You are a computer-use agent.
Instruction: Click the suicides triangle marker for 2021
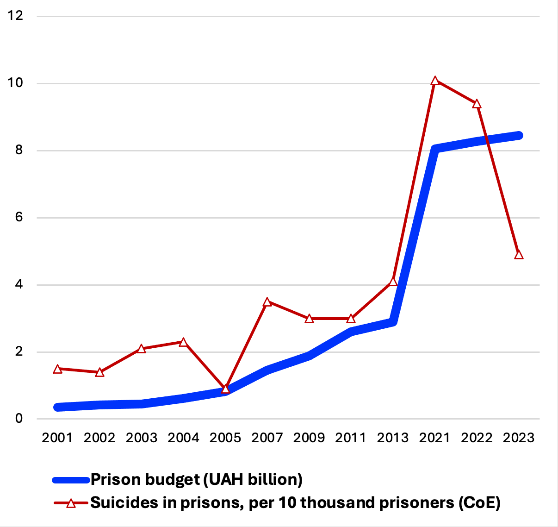point(435,81)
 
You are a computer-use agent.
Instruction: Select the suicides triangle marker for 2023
point(519,255)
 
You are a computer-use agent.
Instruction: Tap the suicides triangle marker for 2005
point(225,389)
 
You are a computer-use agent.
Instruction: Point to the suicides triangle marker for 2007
point(267,302)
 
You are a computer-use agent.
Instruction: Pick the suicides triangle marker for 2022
point(477,104)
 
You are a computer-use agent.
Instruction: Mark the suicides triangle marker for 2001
point(57,369)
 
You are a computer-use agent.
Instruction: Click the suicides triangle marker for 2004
point(183,342)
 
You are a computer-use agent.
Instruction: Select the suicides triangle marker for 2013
point(393,282)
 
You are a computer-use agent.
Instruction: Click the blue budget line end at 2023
point(519,136)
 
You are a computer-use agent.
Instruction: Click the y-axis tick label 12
point(15,16)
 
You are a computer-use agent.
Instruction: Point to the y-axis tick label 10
point(15,83)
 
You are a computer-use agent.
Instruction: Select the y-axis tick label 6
point(19,217)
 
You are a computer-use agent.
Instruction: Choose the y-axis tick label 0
point(19,418)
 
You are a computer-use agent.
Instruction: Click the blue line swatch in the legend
point(71,480)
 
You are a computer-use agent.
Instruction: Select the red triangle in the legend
point(71,503)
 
